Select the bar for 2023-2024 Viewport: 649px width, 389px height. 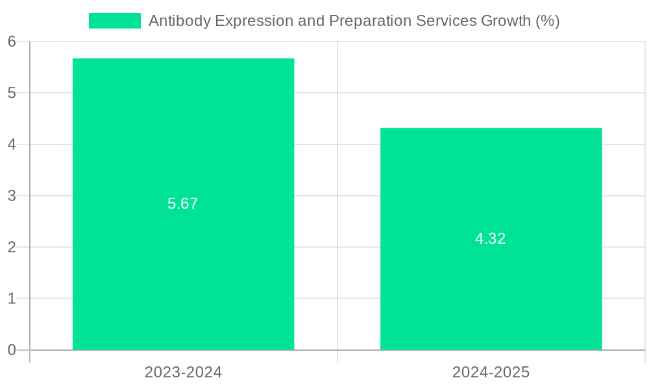pyautogui.click(x=183, y=272)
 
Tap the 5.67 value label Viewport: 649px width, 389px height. pyautogui.click(x=182, y=204)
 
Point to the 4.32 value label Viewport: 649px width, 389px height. pyautogui.click(x=490, y=239)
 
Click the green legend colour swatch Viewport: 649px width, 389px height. pyautogui.click(x=114, y=21)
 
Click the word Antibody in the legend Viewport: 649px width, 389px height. pyautogui.click(x=179, y=21)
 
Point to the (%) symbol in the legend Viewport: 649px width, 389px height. pyautogui.click(x=548, y=21)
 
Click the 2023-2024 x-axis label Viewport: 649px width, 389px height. pyautogui.click(x=183, y=372)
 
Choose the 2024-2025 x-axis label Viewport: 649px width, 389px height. pyautogui.click(x=491, y=372)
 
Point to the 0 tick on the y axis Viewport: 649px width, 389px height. pyautogui.click(x=12, y=350)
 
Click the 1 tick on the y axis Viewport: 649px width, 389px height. pyautogui.click(x=12, y=299)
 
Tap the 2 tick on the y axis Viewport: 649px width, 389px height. pyautogui.click(x=12, y=247)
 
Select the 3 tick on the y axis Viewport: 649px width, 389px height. pyautogui.click(x=12, y=196)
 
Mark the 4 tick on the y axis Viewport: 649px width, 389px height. pyautogui.click(x=12, y=145)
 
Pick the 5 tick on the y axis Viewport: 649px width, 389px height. pyautogui.click(x=12, y=93)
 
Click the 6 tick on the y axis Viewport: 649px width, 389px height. pyautogui.click(x=12, y=41)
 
